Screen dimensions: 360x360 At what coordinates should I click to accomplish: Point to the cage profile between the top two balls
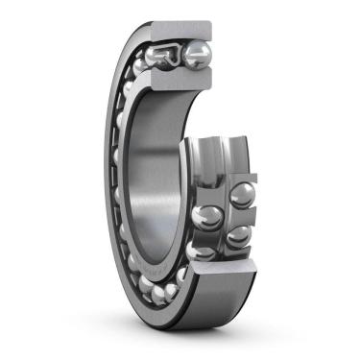pos(180,54)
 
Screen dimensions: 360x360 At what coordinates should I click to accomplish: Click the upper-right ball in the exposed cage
pos(242,195)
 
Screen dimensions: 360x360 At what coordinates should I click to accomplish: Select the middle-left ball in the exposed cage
pos(205,216)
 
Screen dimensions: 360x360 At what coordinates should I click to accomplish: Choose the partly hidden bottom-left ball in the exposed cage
pos(202,252)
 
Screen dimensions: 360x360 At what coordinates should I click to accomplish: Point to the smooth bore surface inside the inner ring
pos(158,173)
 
